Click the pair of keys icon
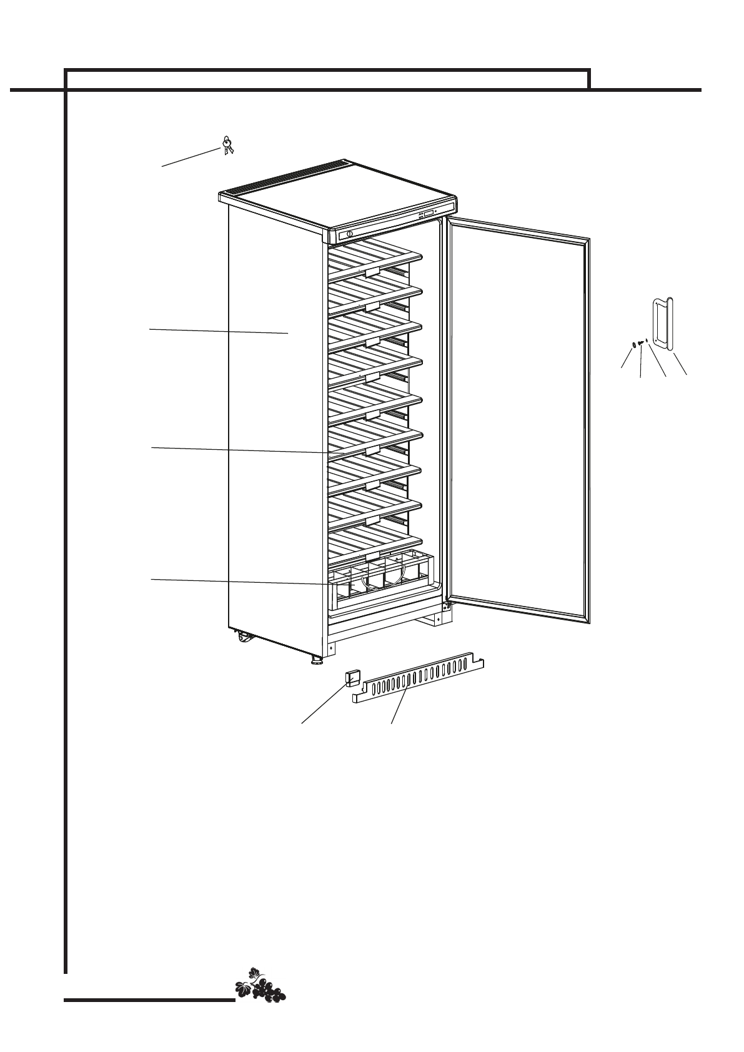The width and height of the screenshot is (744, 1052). (227, 146)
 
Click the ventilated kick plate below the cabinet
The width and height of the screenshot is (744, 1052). (419, 681)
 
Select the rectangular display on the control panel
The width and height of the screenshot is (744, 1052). (429, 214)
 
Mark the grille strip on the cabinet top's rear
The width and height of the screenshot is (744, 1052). (287, 177)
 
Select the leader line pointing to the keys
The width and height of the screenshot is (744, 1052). (191, 158)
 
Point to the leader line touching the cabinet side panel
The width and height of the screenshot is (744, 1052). (219, 331)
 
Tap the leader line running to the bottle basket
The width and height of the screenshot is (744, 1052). (237, 582)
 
